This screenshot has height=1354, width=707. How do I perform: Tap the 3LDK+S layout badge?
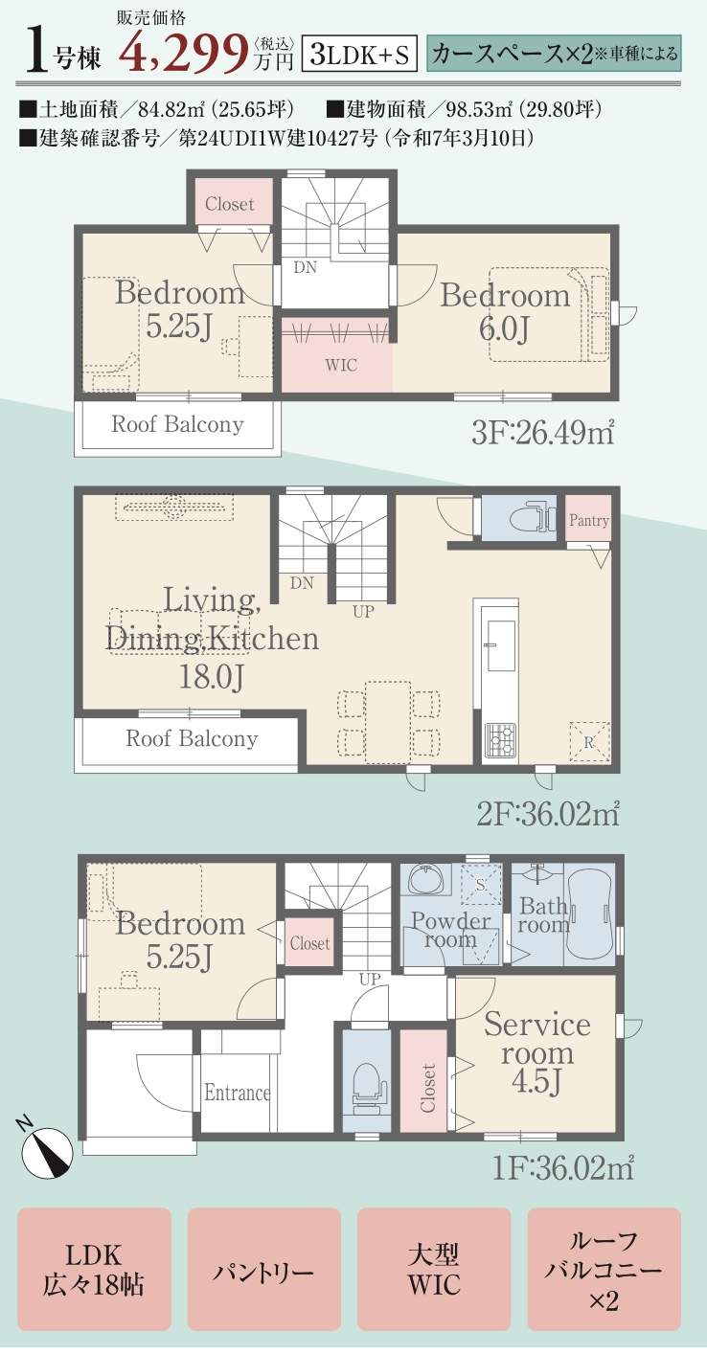(x=359, y=54)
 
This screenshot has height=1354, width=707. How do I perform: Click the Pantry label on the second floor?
(x=588, y=520)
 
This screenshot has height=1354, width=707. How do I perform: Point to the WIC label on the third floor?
(x=340, y=365)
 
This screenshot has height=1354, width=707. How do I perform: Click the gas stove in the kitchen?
(x=499, y=740)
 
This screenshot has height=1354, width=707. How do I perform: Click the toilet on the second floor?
(x=534, y=517)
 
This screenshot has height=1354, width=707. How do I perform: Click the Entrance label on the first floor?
(x=237, y=1093)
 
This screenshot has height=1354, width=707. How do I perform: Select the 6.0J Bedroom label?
(x=505, y=312)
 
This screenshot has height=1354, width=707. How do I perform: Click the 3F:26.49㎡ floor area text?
(x=542, y=433)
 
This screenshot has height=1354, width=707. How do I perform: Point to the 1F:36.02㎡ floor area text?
(x=563, y=1167)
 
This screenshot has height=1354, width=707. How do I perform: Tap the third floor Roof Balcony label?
(x=177, y=424)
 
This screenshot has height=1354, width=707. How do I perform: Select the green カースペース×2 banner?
(x=554, y=54)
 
